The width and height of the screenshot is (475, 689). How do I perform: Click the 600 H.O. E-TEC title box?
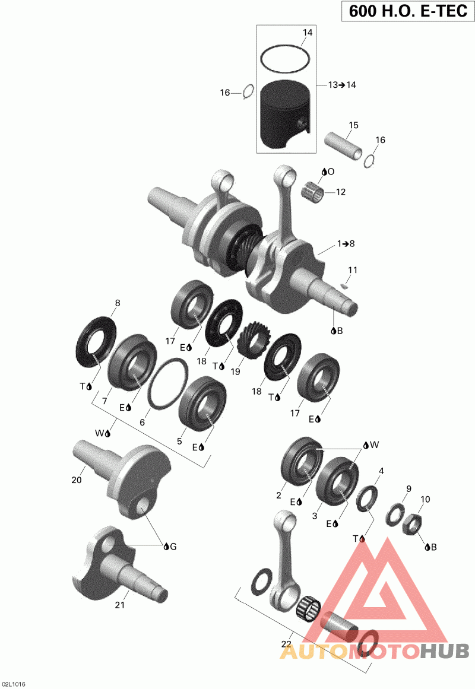tap(408, 11)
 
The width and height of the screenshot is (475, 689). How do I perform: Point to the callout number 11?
tap(353, 270)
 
